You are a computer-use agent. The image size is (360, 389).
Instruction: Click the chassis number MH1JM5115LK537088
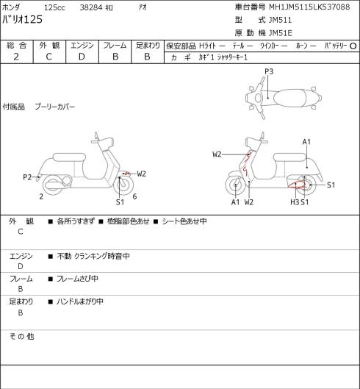click(x=309, y=7)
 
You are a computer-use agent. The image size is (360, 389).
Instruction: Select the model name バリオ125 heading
click(x=22, y=20)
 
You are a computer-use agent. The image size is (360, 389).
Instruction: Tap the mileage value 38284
click(x=91, y=7)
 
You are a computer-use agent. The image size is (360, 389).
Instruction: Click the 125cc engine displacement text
click(x=54, y=7)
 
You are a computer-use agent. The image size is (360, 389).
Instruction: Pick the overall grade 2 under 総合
click(x=16, y=57)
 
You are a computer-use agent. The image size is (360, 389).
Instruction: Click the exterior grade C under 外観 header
click(x=48, y=57)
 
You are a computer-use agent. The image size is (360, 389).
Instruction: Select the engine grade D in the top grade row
click(x=82, y=57)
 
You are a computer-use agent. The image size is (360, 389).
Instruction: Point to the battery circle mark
click(x=353, y=46)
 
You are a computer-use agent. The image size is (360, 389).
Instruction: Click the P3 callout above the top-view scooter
click(x=269, y=72)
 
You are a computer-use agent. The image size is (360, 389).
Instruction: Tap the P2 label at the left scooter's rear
click(x=27, y=177)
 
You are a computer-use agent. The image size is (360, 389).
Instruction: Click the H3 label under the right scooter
click(x=295, y=202)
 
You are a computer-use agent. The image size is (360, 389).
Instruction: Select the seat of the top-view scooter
click(x=289, y=98)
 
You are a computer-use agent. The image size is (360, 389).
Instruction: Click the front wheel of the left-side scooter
click(x=123, y=185)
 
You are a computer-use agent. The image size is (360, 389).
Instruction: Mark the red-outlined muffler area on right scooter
click(x=298, y=185)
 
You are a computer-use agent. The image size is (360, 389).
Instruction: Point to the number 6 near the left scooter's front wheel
click(x=134, y=196)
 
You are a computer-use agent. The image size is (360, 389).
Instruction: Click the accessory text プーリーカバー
click(x=55, y=107)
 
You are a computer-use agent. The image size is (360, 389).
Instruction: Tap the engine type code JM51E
click(x=281, y=33)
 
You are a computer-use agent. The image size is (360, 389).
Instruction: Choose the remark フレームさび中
click(x=77, y=279)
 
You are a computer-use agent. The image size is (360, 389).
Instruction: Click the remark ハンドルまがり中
click(x=80, y=301)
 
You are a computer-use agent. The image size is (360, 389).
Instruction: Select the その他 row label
click(x=21, y=337)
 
